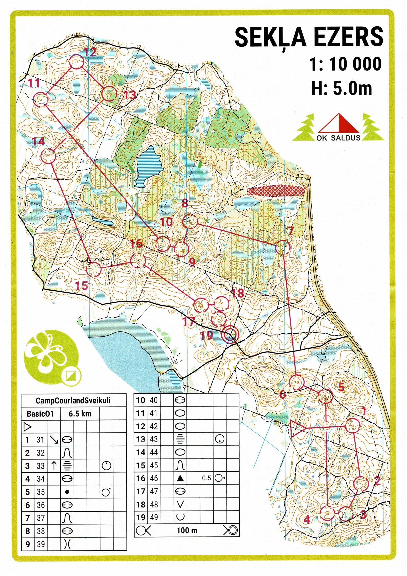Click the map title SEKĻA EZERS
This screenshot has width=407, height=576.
(309, 37)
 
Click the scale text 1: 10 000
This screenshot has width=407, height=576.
(345, 64)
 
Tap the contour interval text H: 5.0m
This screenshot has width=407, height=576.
(341, 88)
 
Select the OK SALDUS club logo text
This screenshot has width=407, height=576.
(338, 138)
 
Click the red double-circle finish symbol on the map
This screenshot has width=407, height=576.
(230, 335)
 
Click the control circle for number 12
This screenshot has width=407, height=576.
(77, 62)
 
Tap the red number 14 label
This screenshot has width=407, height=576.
(38, 142)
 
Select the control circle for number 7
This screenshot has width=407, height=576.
(283, 247)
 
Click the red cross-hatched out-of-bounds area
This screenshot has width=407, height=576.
(276, 191)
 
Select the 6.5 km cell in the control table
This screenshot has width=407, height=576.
(80, 414)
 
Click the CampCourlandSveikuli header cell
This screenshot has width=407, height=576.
(73, 401)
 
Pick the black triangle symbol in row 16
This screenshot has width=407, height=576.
(180, 478)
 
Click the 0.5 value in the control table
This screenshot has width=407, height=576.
(206, 478)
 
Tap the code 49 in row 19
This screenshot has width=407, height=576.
(154, 517)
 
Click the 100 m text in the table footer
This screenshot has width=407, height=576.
(187, 531)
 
